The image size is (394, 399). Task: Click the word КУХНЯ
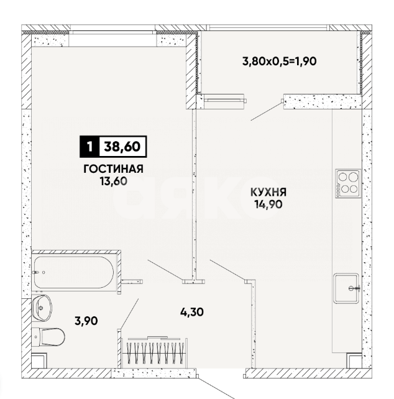(268, 192)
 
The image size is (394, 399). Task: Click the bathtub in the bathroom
(73, 272)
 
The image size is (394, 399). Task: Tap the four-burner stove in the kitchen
(347, 183)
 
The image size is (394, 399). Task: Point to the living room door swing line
(166, 269)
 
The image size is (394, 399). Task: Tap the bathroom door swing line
(129, 314)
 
